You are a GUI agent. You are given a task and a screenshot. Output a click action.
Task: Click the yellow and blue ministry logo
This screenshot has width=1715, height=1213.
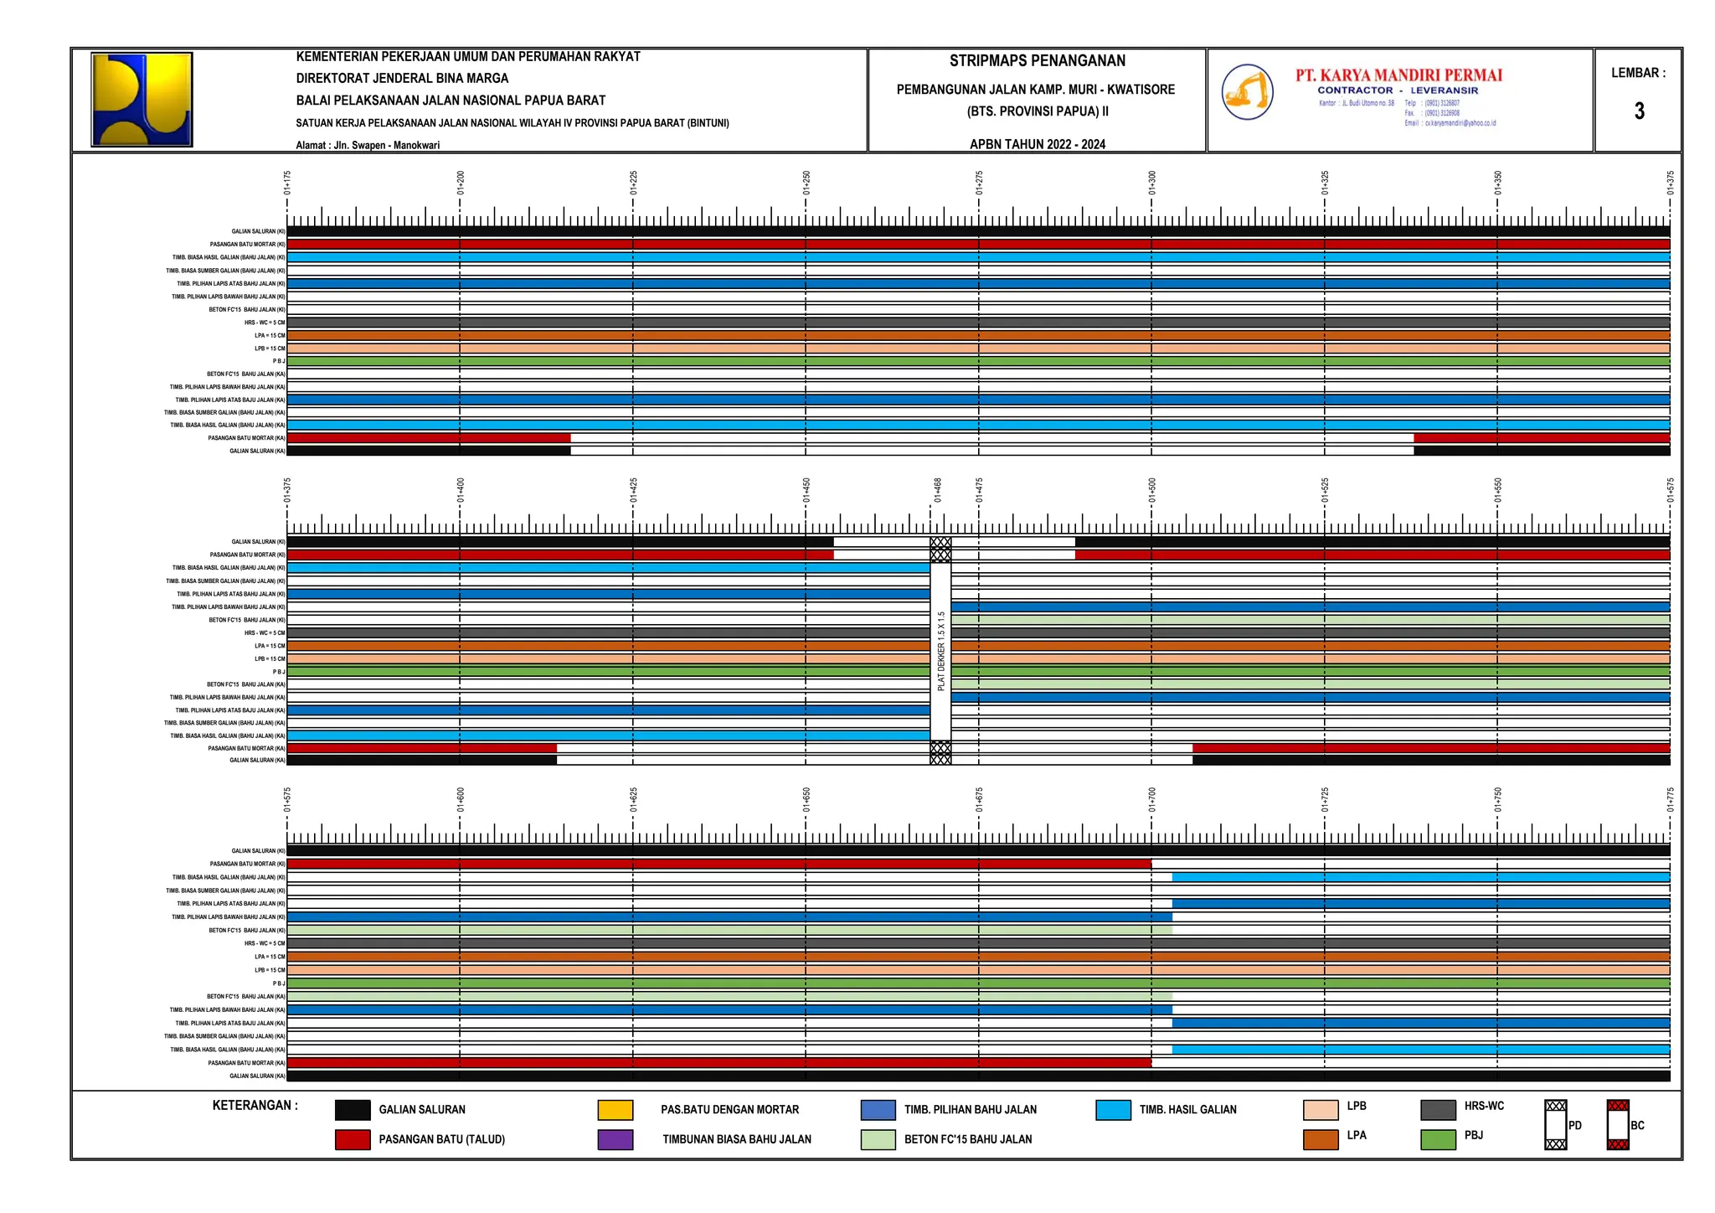coord(142,100)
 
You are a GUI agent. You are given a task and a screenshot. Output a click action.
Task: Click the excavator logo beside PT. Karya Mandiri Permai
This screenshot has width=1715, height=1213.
coord(1247,92)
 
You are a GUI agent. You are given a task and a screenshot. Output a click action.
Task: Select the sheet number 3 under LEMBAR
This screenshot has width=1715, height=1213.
coord(1639,111)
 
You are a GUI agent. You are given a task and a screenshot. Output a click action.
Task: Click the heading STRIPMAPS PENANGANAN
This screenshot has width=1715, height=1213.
coord(1037,61)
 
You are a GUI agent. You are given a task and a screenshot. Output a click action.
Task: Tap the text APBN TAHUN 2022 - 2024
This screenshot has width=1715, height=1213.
coord(1037,144)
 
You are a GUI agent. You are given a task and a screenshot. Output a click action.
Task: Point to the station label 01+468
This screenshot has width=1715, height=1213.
coord(938,490)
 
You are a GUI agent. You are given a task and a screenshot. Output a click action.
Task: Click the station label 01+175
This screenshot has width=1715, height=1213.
coord(287,183)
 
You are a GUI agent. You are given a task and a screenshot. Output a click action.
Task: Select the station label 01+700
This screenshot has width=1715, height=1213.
coord(1151,799)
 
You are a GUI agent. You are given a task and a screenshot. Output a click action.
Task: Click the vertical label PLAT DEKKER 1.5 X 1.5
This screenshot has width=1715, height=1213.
coord(940,651)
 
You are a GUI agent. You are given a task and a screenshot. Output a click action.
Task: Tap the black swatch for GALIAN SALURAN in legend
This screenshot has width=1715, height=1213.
coord(353,1110)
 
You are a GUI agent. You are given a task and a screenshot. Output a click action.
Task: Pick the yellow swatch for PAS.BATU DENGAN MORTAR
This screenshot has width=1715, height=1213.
coord(615,1110)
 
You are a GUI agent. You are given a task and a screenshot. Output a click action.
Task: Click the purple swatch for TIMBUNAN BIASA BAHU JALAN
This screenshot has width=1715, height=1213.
coord(615,1139)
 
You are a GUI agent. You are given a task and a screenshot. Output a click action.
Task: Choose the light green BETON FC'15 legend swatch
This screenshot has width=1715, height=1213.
coord(878,1139)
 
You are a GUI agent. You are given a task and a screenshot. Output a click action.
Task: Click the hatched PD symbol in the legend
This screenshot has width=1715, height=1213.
coord(1555,1125)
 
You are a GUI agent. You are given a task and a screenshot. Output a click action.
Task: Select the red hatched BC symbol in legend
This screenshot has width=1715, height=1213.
coord(1618,1125)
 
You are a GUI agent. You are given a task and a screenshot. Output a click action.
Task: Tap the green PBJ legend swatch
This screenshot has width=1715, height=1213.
coord(1438,1139)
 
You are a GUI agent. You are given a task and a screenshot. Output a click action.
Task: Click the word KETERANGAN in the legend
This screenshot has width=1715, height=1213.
coord(255,1106)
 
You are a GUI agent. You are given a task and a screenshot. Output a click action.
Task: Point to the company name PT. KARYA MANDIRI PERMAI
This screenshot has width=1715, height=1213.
coord(1398,75)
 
